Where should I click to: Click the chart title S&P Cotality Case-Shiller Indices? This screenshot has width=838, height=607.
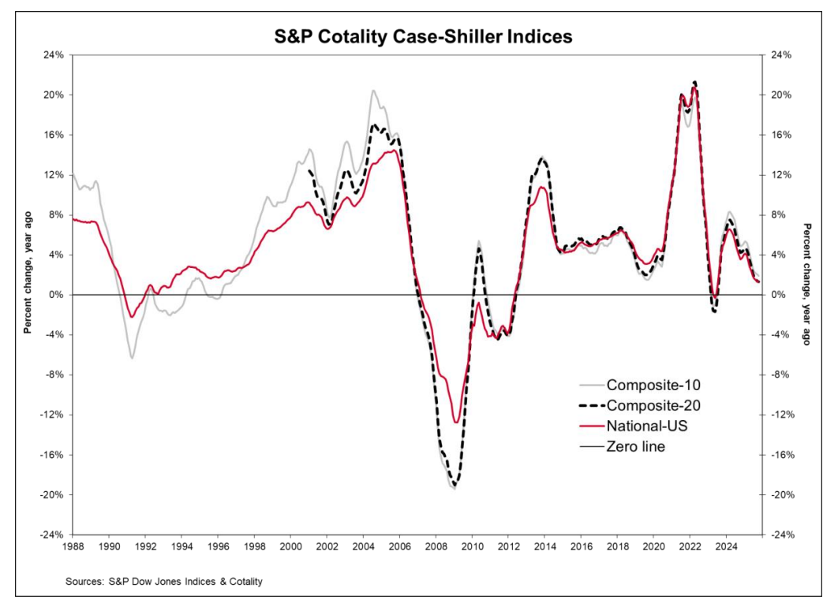pos(418,37)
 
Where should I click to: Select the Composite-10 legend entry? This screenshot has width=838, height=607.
pos(653,385)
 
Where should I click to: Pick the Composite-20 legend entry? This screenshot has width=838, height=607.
pos(653,406)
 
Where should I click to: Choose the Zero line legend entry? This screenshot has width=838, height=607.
pos(635,447)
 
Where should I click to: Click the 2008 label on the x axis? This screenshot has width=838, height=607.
pos(436,546)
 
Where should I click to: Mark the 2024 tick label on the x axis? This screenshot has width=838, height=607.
pos(726,546)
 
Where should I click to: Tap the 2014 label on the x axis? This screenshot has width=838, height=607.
pos(544,546)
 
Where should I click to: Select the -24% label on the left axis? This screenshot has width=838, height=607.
pos(51,535)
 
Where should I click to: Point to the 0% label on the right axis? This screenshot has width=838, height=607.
pos(778,295)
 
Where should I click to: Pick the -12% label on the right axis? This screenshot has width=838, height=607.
pos(782,415)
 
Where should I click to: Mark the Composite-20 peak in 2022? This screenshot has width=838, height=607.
pos(694,82)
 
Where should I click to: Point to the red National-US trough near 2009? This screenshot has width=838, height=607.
pos(456,423)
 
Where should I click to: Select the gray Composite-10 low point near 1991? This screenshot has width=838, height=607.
pos(132,358)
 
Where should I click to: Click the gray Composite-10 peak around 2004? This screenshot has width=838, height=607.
pos(373,91)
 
